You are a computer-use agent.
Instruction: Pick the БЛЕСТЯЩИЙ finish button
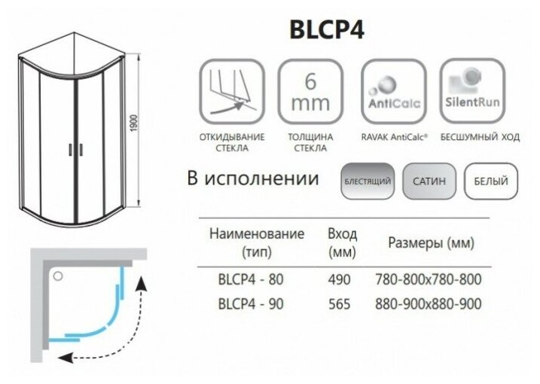pos(368,181)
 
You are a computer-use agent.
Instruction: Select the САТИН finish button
pos(429,181)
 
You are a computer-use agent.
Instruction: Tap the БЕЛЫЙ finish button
pos(490,181)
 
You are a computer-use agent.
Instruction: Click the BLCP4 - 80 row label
pos(250,280)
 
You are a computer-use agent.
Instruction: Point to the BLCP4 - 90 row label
pos(250,305)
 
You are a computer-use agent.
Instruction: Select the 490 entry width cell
pos(340,280)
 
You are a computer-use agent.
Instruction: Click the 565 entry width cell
pos(340,305)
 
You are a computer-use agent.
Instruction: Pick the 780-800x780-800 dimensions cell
pos(428,280)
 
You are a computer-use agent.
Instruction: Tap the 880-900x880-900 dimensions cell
pos(428,305)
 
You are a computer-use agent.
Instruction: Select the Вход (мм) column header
pos(343,242)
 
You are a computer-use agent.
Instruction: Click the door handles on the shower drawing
pos(74,149)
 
